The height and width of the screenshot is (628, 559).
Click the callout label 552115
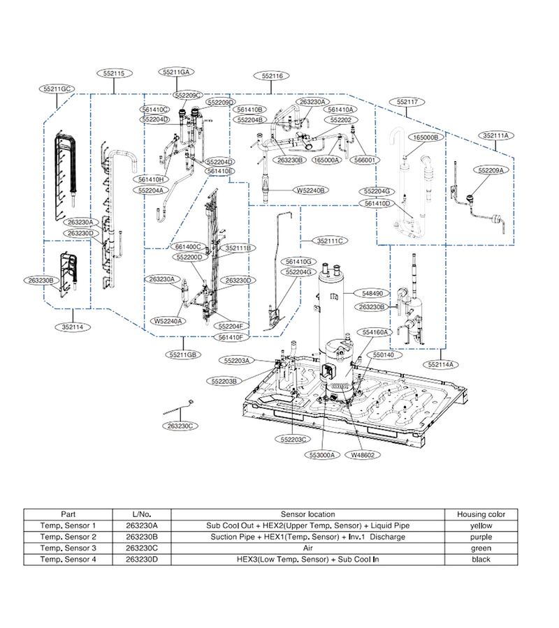click(x=115, y=73)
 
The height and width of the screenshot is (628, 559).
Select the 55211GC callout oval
click(x=57, y=89)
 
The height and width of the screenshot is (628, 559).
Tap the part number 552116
click(x=272, y=75)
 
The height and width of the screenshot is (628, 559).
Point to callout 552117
click(x=407, y=102)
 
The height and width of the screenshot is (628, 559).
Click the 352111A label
click(x=495, y=135)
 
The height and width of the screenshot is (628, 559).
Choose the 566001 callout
click(x=365, y=160)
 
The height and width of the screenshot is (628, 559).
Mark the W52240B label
click(x=310, y=190)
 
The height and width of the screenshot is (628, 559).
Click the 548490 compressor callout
click(x=372, y=294)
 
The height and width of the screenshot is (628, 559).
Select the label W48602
click(x=363, y=455)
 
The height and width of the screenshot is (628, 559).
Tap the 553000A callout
click(x=322, y=455)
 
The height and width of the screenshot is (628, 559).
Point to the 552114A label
click(x=441, y=364)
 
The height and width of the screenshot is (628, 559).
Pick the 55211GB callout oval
click(x=183, y=354)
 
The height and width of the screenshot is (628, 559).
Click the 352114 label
click(x=73, y=327)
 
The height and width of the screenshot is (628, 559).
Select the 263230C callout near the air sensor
click(x=180, y=426)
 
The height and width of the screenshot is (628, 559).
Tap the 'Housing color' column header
click(x=481, y=514)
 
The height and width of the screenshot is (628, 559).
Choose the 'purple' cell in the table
click(x=481, y=537)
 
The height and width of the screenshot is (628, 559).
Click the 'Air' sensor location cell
click(x=307, y=548)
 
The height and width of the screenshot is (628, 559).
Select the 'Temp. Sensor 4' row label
click(x=68, y=559)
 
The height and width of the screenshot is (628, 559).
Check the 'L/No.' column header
click(x=142, y=514)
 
